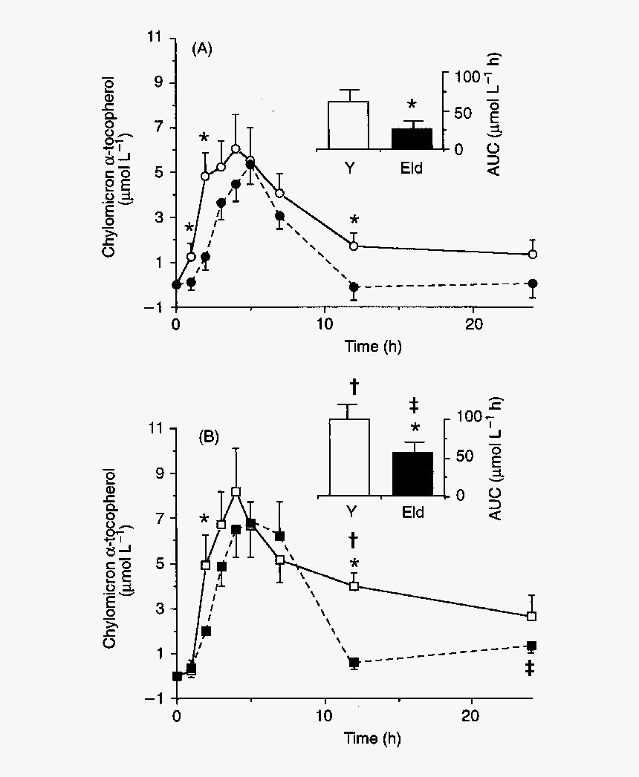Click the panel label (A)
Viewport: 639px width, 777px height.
tap(202, 50)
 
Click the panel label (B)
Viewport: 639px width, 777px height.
tap(207, 437)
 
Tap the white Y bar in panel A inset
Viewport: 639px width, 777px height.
tap(348, 125)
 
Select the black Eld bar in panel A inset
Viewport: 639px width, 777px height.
tap(412, 138)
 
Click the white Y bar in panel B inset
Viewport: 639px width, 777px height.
tap(349, 456)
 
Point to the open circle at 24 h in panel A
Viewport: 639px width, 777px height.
tap(532, 254)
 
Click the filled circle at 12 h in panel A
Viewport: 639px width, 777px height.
tap(354, 286)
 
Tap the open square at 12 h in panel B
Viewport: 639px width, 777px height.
tap(354, 586)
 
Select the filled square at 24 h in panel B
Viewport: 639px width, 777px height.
tap(531, 646)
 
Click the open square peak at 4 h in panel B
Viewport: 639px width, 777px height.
tap(236, 491)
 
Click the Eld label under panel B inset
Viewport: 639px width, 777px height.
tap(410, 512)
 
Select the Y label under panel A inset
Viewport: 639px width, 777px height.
tap(348, 168)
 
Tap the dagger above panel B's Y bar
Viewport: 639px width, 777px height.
tap(354, 386)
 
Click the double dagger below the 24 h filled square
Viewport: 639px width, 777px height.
tap(531, 669)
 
